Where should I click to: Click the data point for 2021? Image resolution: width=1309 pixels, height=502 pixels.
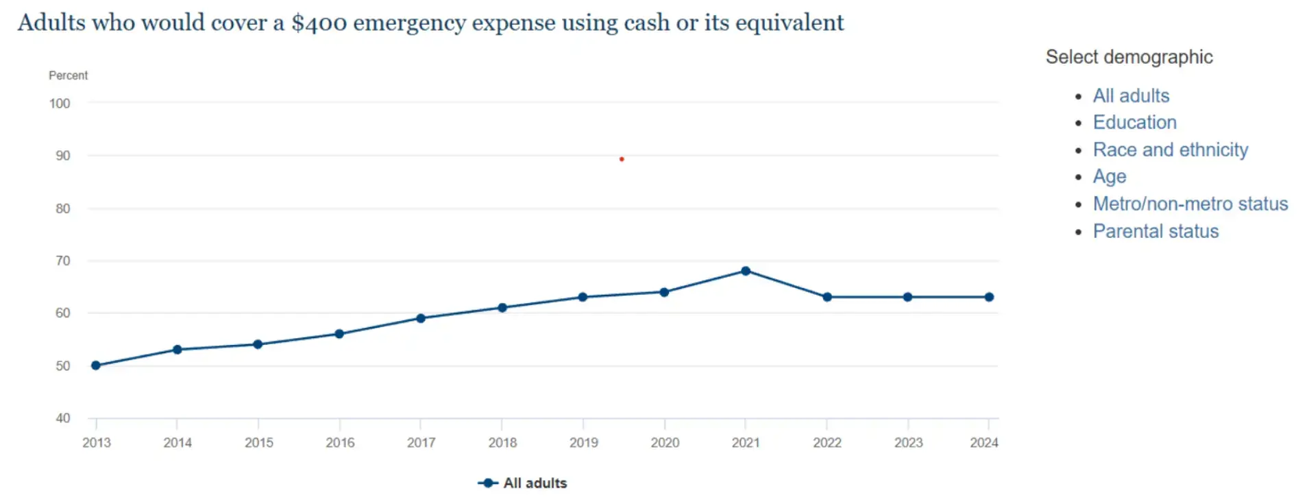point(746,271)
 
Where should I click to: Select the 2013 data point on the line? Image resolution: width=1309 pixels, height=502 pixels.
point(96,366)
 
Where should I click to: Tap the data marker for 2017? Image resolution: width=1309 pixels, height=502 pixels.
point(421,318)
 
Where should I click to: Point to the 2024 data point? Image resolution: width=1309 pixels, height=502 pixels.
point(989,297)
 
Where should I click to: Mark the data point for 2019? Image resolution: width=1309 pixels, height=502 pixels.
point(583,297)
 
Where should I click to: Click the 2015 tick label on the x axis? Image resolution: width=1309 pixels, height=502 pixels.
point(258,443)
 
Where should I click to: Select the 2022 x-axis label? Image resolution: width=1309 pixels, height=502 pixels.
point(827,443)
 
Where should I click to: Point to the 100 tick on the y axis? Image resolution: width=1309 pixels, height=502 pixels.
point(60,104)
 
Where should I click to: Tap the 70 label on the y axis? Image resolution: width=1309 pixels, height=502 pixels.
point(63,261)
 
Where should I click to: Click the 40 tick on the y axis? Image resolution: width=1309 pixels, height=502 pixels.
point(63,418)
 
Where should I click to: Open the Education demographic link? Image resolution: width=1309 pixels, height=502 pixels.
point(1134,123)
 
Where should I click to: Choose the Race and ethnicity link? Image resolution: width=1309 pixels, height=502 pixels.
point(1170,150)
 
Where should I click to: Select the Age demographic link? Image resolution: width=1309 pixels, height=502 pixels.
point(1109,176)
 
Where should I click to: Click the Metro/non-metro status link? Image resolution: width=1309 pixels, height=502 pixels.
point(1190,204)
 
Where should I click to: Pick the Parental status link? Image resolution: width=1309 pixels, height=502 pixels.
point(1155,231)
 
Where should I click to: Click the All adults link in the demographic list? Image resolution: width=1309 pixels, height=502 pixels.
point(1131,96)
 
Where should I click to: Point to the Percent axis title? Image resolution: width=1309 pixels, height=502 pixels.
point(68,75)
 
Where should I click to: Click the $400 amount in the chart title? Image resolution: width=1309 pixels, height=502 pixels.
point(319,23)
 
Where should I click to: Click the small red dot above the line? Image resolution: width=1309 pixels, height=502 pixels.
point(622,159)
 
